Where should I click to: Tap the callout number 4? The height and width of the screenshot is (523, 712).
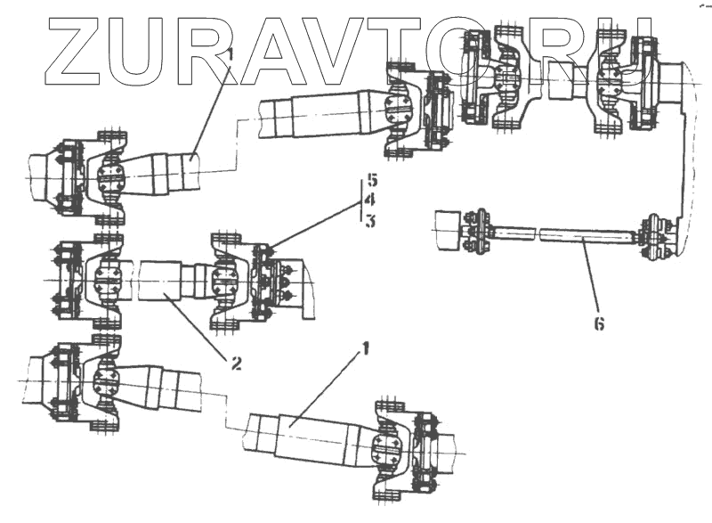(x=371, y=200)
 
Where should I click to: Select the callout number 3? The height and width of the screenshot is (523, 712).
(x=371, y=220)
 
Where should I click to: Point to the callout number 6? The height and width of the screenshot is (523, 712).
(x=599, y=323)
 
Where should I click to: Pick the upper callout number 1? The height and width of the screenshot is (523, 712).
(x=228, y=55)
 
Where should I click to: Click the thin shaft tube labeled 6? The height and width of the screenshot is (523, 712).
(x=561, y=234)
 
